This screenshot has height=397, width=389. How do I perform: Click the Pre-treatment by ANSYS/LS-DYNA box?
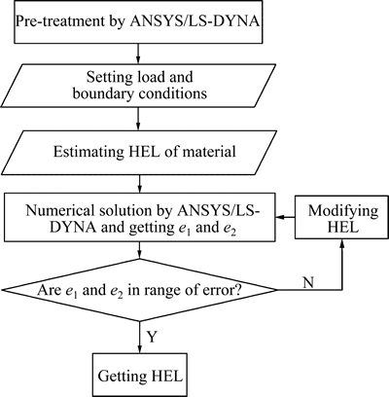pyautogui.click(x=138, y=21)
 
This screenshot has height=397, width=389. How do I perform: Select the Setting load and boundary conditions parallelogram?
pyautogui.click(x=138, y=85)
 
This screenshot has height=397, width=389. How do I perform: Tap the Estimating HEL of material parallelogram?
pyautogui.click(x=138, y=152)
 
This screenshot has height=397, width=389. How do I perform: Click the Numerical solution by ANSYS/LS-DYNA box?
pyautogui.click(x=140, y=217)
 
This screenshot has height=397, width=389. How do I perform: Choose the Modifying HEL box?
pyautogui.click(x=341, y=217)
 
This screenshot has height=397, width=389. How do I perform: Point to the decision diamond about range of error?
pyautogui.click(x=140, y=290)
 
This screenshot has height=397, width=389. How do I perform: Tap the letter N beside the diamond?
pyautogui.click(x=308, y=282)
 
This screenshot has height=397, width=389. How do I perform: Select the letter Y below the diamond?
pyautogui.click(x=153, y=337)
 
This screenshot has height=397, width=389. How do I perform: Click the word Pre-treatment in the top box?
pyautogui.click(x=58, y=22)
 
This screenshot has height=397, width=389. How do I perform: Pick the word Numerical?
pyautogui.click(x=57, y=211)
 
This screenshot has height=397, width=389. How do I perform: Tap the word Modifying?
pyautogui.click(x=343, y=212)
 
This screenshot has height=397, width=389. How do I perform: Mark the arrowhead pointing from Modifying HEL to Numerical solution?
pyautogui.click(x=280, y=217)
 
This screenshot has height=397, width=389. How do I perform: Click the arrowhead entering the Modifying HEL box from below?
pyautogui.click(x=341, y=244)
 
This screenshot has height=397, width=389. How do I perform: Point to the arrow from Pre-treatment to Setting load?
pyautogui.click(x=138, y=54)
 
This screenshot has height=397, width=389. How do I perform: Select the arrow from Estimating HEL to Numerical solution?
pyautogui.click(x=139, y=183)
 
